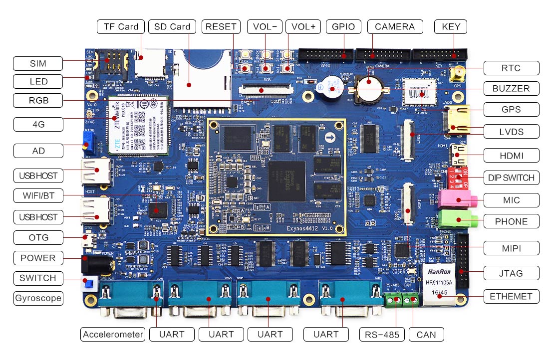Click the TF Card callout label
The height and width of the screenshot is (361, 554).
(x=121, y=26)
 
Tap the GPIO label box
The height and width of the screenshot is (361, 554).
(x=343, y=26)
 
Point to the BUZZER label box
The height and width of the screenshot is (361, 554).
(x=512, y=89)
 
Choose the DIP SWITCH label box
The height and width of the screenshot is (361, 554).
(x=512, y=177)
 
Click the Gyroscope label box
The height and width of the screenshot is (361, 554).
(x=38, y=298)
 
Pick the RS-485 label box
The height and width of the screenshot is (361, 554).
(x=382, y=334)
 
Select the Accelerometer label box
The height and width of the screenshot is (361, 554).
(x=113, y=334)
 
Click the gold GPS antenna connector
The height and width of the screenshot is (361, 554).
(x=456, y=75)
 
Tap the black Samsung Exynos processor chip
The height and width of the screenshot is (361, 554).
(x=286, y=180)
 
